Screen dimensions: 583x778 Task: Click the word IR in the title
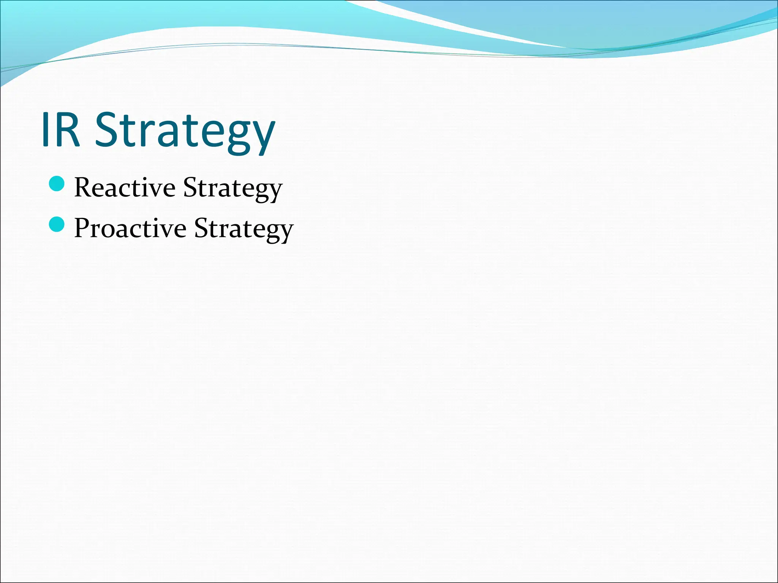(61, 130)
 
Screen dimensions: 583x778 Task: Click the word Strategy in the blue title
(185, 131)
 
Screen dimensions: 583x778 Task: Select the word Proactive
(130, 228)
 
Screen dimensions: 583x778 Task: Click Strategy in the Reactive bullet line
(232, 188)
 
